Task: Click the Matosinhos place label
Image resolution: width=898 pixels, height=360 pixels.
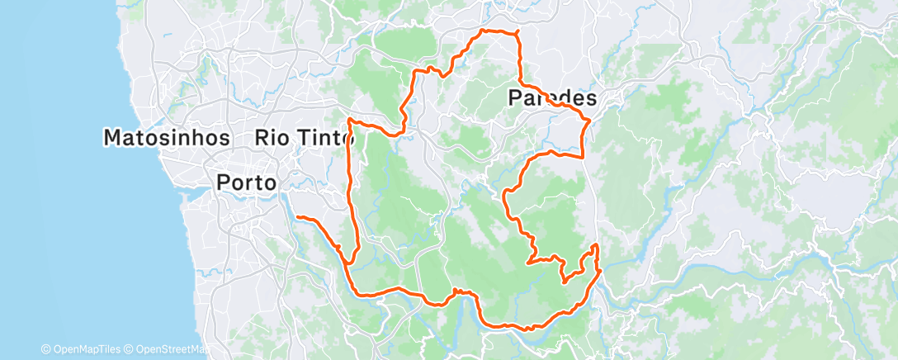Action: coord(166,137)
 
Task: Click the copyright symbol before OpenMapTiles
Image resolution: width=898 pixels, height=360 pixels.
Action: coord(45,349)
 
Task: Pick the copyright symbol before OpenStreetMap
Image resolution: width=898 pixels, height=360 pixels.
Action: coord(130,349)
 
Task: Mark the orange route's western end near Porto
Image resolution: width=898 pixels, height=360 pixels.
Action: coord(298,217)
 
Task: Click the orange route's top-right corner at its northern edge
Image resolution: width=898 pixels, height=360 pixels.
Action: coord(517,33)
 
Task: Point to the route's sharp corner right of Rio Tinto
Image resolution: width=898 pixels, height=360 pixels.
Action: coord(351,121)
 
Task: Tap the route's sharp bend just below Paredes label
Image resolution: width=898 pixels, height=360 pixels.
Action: coord(587,122)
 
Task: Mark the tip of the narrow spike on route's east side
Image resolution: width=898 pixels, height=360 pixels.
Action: coord(595,245)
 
